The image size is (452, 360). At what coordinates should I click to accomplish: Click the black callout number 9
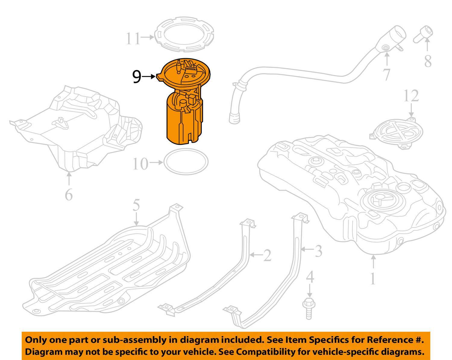tap(137, 77)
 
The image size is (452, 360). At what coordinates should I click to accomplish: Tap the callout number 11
tap(133, 38)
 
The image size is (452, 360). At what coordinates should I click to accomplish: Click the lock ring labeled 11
tap(185, 34)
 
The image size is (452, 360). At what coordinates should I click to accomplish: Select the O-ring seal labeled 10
tap(186, 163)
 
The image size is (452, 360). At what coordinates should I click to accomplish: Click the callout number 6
tap(69, 195)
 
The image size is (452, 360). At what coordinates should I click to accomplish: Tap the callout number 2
tap(267, 256)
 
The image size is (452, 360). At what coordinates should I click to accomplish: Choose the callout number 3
tap(318, 250)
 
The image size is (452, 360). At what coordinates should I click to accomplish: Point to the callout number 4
tap(310, 277)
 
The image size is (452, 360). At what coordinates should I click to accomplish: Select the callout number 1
tap(373, 279)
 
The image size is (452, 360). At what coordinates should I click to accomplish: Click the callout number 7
tap(387, 75)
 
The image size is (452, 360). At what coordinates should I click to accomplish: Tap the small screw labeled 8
tap(424, 34)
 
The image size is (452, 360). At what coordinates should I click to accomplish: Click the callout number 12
tap(411, 96)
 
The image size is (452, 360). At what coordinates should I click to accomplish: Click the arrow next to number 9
tap(149, 77)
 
